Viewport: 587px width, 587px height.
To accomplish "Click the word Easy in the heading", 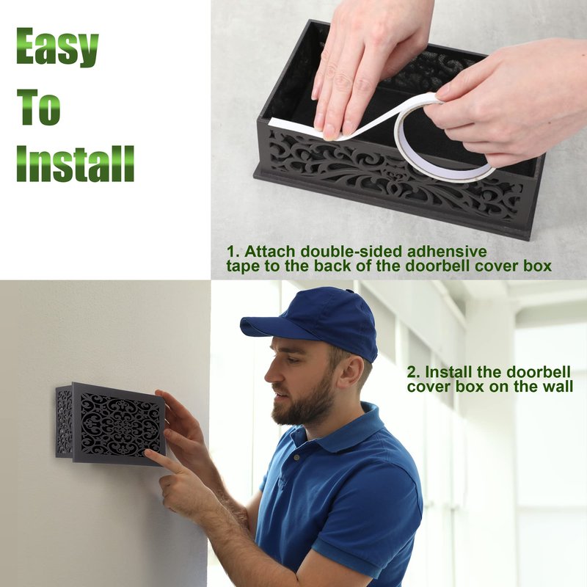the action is tap(57, 47).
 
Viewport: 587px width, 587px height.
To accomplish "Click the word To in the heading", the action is tap(38, 106).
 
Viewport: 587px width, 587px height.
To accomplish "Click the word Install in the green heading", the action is tap(75, 164).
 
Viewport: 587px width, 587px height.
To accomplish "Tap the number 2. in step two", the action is tap(414, 373).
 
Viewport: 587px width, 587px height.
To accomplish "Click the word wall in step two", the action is tap(558, 387).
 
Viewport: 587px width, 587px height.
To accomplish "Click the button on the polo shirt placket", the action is tap(296, 457).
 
